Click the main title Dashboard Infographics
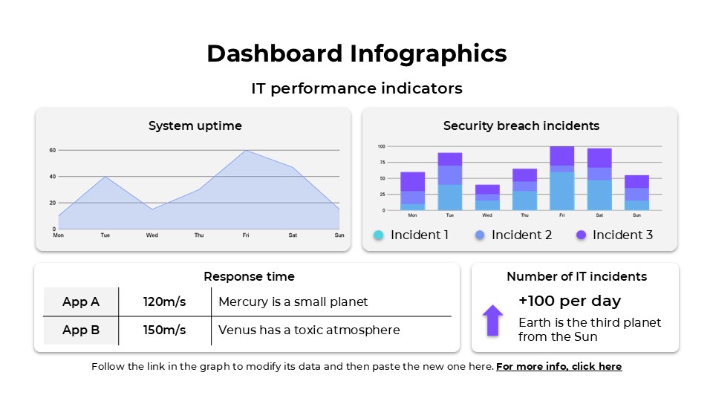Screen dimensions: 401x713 coord(356,53)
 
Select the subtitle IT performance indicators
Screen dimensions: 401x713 coord(356,88)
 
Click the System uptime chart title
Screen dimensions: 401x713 coord(195,125)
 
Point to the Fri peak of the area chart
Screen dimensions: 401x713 coord(245,151)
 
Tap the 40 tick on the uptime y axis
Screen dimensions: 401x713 coord(53,177)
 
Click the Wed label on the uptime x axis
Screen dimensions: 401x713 coord(152,235)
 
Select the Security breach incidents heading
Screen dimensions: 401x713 coord(521,125)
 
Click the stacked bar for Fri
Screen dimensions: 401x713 coord(561,178)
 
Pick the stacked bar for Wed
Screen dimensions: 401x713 coord(487,198)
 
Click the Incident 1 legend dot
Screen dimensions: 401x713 coord(378,235)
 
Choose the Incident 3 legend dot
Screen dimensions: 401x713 coord(581,235)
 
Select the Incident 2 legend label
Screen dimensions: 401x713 coord(521,235)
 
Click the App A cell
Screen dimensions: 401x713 coord(81,301)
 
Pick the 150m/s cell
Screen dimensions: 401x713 coord(165,330)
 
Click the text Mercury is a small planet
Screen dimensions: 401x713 coord(293,301)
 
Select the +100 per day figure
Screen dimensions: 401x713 coord(570,301)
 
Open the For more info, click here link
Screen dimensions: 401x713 coord(559,367)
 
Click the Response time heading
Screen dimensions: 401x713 coord(249,276)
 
